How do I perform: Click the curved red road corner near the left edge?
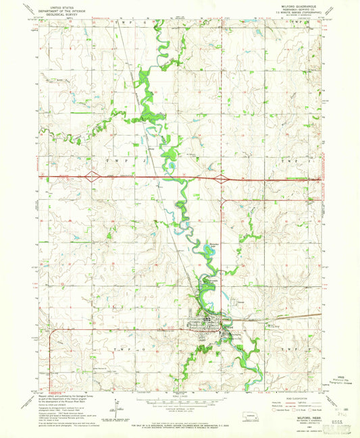50,331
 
